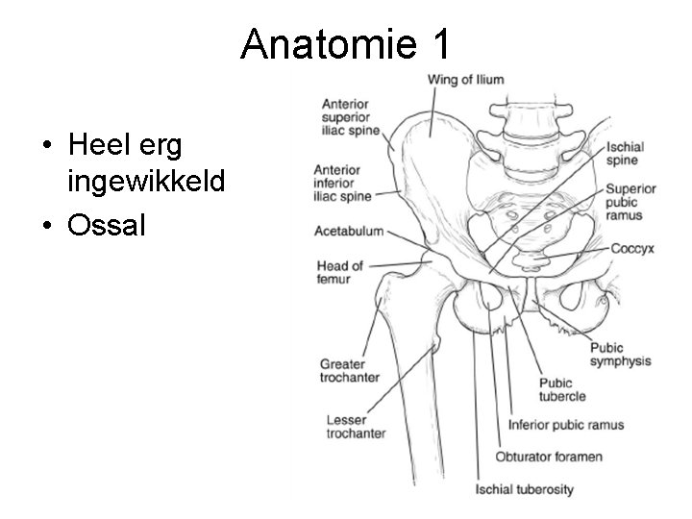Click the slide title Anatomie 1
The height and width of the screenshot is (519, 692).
pyautogui.click(x=345, y=43)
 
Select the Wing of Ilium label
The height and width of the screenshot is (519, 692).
pyautogui.click(x=465, y=80)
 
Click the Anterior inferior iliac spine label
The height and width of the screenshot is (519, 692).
pyautogui.click(x=342, y=182)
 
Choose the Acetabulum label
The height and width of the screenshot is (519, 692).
pyautogui.click(x=349, y=232)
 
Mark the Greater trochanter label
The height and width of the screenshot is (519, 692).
pyautogui.click(x=349, y=370)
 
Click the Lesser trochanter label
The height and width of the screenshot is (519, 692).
pyautogui.click(x=353, y=427)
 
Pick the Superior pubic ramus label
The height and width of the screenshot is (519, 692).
pyautogui.click(x=629, y=202)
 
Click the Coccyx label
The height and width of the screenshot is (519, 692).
pyautogui.click(x=632, y=248)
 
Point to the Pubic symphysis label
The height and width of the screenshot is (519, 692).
pyautogui.click(x=620, y=355)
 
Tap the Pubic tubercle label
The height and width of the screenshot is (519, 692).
pyautogui.click(x=562, y=389)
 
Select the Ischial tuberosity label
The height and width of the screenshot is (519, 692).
pyautogui.click(x=524, y=489)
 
